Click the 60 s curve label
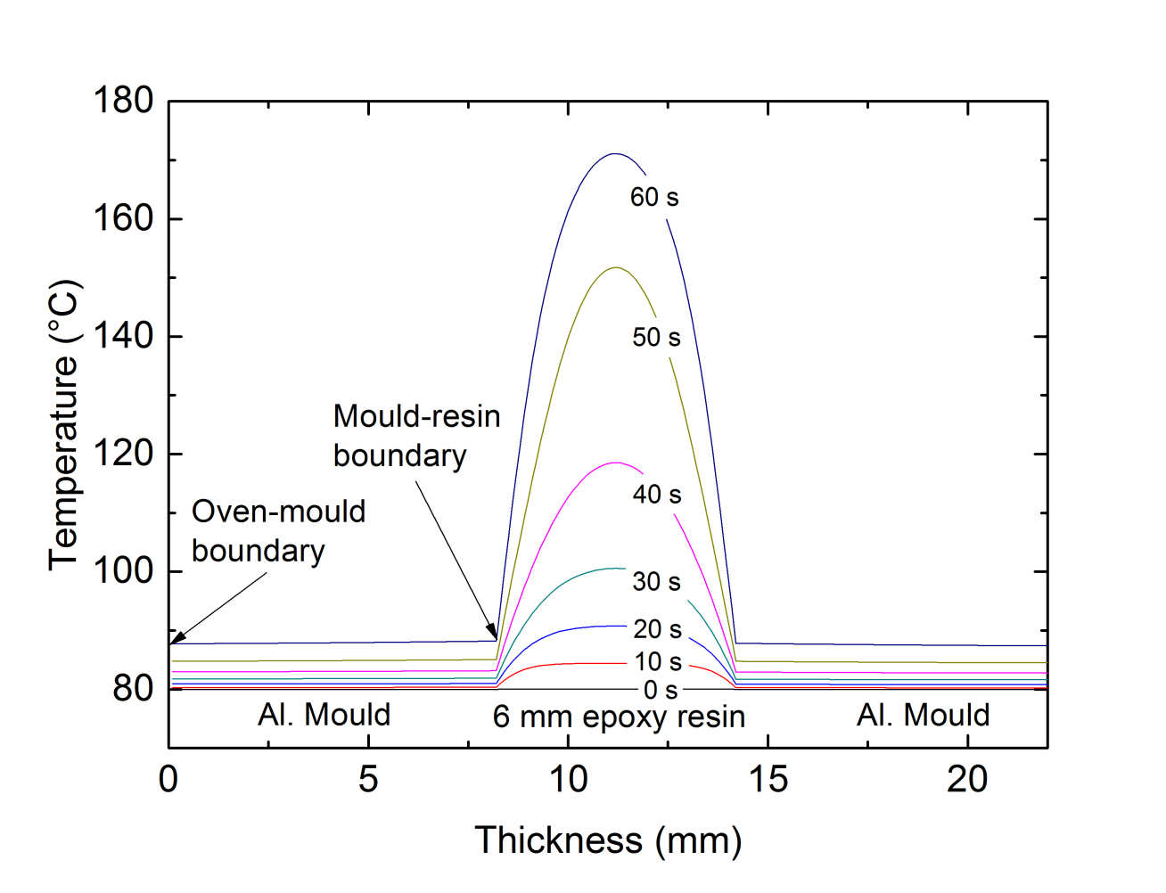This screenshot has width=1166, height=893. pyautogui.click(x=654, y=197)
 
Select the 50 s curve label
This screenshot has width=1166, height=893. pyautogui.click(x=656, y=337)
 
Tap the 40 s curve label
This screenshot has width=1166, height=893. pyautogui.click(x=657, y=494)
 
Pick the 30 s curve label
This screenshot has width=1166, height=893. pyautogui.click(x=656, y=581)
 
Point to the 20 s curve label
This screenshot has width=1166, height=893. pyautogui.click(x=657, y=629)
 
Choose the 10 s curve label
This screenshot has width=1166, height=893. pyautogui.click(x=658, y=661)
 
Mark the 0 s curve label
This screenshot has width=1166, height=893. pyautogui.click(x=661, y=690)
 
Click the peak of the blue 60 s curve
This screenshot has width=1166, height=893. pyautogui.click(x=614, y=153)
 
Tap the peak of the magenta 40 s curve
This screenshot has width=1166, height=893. pyautogui.click(x=615, y=462)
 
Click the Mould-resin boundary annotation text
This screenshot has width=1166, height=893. pyautogui.click(x=416, y=436)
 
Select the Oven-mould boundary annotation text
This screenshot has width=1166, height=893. pyautogui.click(x=278, y=531)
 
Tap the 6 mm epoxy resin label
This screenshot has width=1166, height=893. pyautogui.click(x=619, y=717)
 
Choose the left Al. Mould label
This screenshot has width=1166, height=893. pyautogui.click(x=324, y=715)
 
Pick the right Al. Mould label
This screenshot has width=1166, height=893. pyautogui.click(x=924, y=715)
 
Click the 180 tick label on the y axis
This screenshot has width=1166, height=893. pyautogui.click(x=123, y=101)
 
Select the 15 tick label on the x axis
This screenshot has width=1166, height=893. pyautogui.click(x=768, y=780)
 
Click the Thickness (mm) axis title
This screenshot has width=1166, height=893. pyautogui.click(x=608, y=840)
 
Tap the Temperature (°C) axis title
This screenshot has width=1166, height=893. pyautogui.click(x=64, y=425)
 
